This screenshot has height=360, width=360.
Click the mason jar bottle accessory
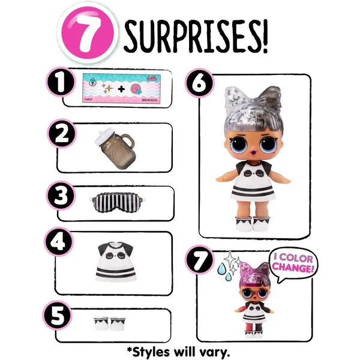(117, 147)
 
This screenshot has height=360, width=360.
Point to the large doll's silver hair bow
(246, 100)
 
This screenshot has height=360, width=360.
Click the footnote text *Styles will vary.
(179, 349)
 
